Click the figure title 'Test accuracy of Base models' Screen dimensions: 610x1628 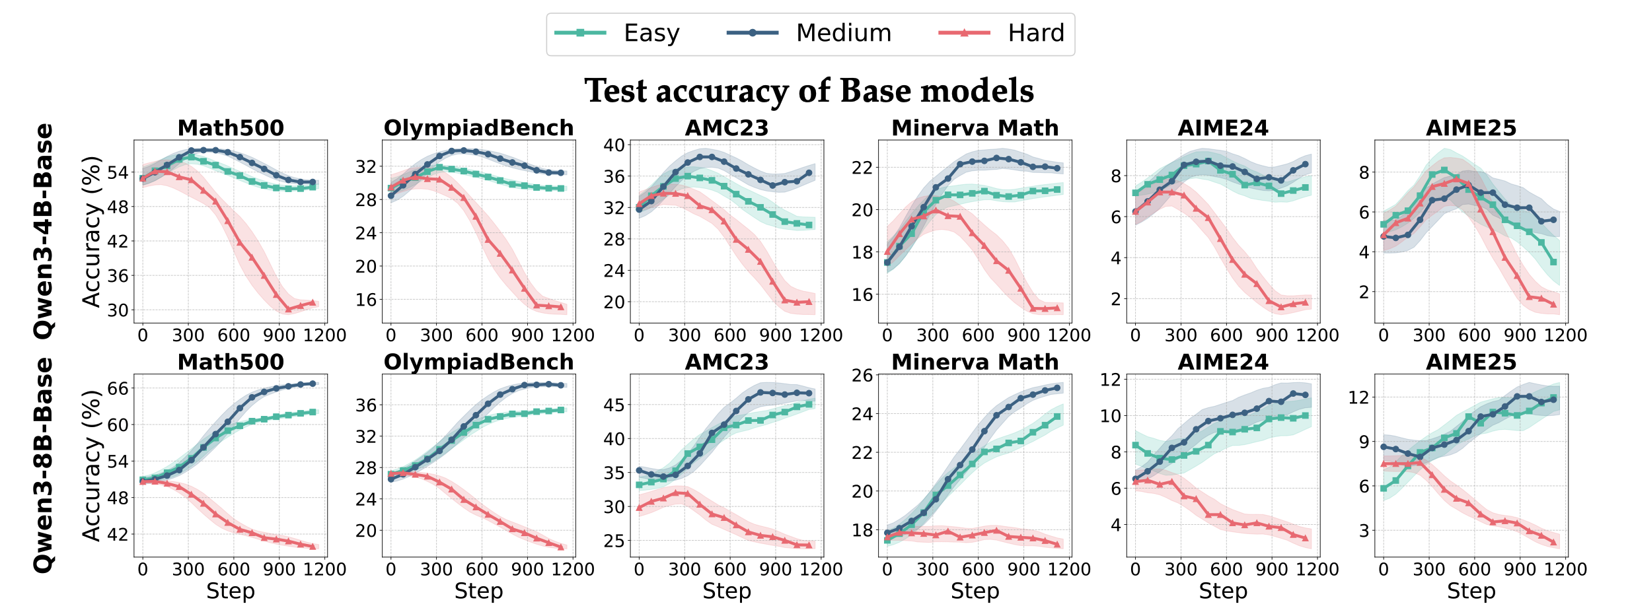click(x=809, y=90)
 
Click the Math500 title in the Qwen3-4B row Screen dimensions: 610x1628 click(x=231, y=127)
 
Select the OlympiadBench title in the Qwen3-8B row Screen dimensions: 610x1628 click(x=478, y=362)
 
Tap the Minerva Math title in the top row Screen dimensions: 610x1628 click(x=975, y=127)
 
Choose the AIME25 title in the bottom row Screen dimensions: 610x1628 click(x=1471, y=362)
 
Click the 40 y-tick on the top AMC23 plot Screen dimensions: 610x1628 click(x=614, y=145)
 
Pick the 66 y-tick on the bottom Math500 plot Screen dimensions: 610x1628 click(x=118, y=389)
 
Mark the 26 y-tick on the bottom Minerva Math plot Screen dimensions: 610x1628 click(x=862, y=376)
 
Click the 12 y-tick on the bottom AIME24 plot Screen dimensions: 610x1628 click(x=1111, y=380)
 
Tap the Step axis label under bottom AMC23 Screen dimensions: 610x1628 click(x=727, y=592)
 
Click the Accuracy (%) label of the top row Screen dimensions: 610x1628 click(x=91, y=231)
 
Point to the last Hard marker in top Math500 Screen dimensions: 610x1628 click(x=313, y=302)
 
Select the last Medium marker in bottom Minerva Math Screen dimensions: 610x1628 click(x=1056, y=388)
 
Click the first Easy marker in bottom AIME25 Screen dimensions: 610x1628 click(x=1384, y=488)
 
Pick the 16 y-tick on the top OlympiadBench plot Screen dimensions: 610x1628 click(x=366, y=300)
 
